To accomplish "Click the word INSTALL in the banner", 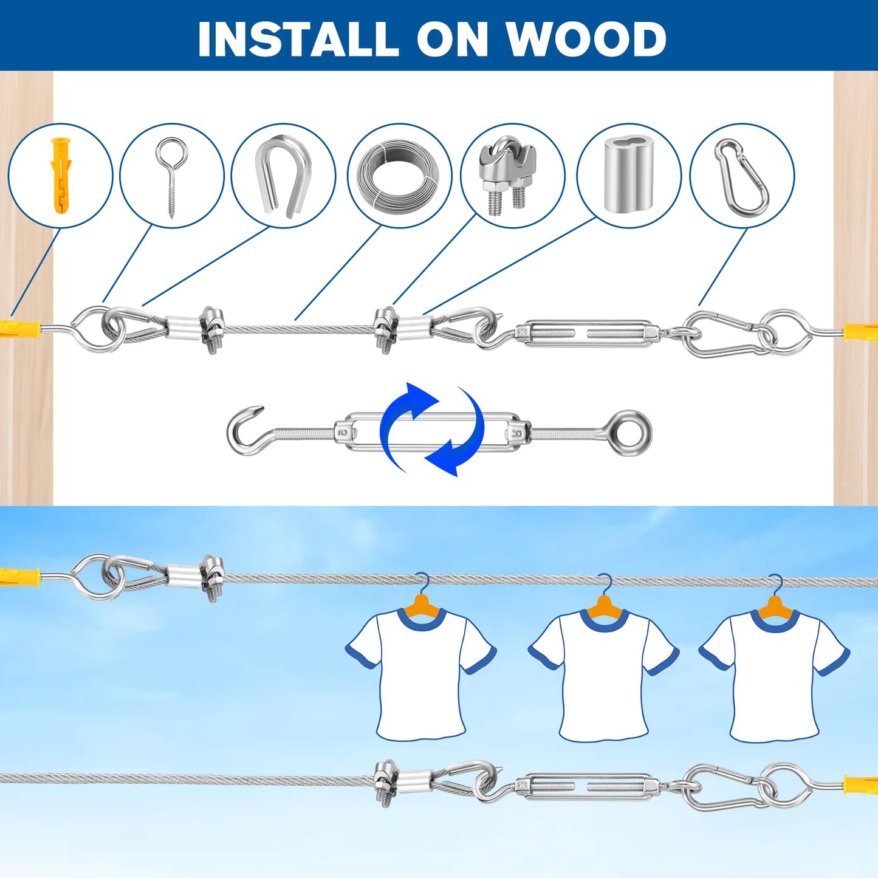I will pyautogui.click(x=298, y=39).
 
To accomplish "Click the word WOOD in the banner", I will pyautogui.click(x=586, y=39).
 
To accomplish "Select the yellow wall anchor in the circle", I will pyautogui.click(x=61, y=176).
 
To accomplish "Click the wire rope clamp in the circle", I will pyautogui.click(x=508, y=176).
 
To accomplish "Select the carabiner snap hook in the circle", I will pyautogui.click(x=742, y=177).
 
